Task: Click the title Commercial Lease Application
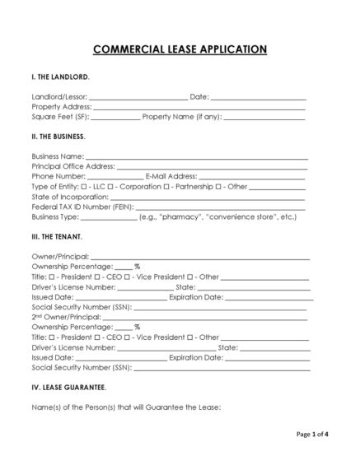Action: [x=180, y=49]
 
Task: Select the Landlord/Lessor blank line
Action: [x=138, y=98]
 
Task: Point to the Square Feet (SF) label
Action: [x=61, y=117]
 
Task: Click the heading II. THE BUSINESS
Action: [x=58, y=136]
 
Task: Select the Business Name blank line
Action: [x=197, y=156]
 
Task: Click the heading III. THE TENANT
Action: [x=57, y=236]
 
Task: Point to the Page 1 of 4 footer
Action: [x=311, y=434]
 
